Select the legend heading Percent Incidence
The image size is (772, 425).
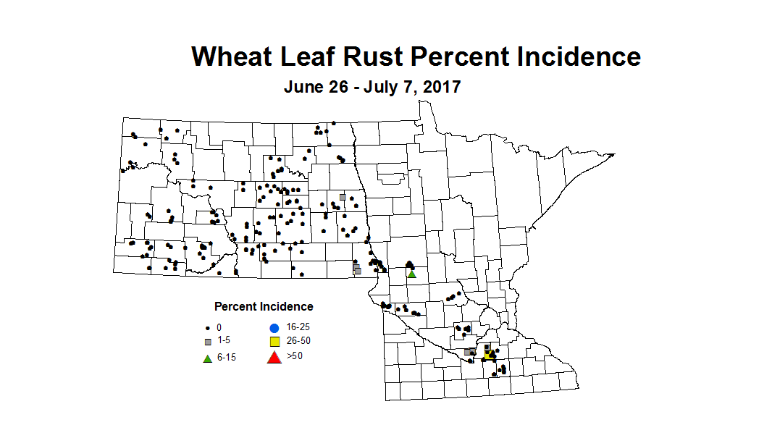click(264, 307)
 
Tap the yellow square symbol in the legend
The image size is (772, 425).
click(274, 342)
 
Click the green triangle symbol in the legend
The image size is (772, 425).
click(208, 358)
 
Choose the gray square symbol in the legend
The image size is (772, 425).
click(208, 341)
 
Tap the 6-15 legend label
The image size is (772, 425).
click(227, 358)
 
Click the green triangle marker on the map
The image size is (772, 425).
click(411, 273)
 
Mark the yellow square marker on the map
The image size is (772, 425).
click(489, 354)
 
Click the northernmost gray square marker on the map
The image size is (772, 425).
click(343, 197)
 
